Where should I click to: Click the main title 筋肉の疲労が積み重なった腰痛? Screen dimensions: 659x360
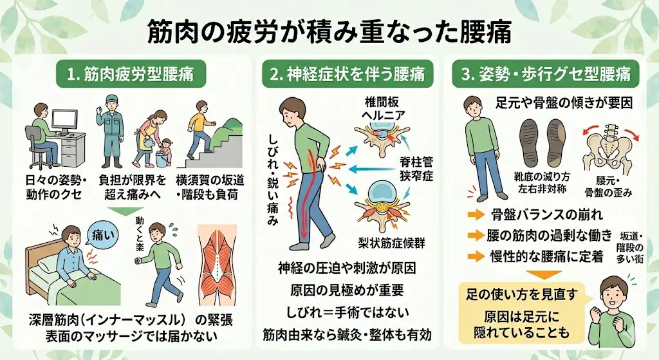coord(329,32)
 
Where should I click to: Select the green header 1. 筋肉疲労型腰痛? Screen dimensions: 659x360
coord(130,75)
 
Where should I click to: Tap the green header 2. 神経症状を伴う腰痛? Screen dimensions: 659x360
coord(347,75)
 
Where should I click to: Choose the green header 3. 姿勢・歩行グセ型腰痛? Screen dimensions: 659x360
coord(546,75)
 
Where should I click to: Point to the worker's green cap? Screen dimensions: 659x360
coord(110,100)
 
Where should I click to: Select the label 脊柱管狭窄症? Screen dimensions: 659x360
coord(416,169)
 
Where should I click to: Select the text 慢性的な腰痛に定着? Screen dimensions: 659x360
coord(546,256)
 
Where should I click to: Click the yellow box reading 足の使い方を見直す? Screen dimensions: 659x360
coord(521,312)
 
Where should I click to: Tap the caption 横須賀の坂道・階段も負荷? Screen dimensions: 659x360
coord(210,187)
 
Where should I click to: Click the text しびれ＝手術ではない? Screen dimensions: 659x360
coord(347,312)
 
